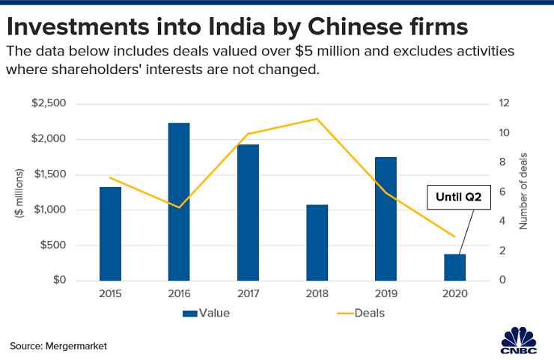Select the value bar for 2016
(x=179, y=202)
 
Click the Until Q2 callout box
(x=453, y=198)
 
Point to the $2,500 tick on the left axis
(x=72, y=104)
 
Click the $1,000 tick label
(x=72, y=210)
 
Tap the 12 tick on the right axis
(x=505, y=104)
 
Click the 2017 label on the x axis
(x=248, y=294)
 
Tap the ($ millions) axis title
(x=19, y=193)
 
